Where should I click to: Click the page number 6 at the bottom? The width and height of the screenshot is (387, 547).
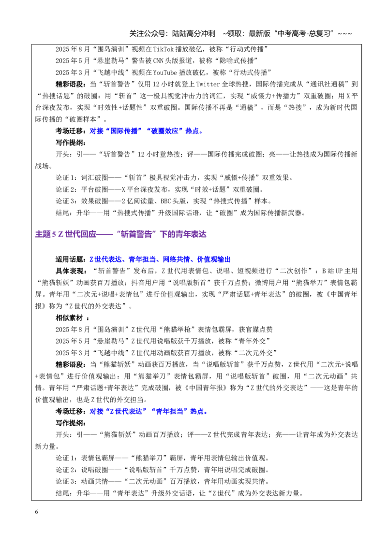point(37,512)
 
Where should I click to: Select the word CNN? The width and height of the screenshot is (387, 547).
point(159,61)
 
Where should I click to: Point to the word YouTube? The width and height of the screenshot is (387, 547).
point(165,72)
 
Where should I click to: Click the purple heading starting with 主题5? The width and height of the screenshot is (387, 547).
point(121,234)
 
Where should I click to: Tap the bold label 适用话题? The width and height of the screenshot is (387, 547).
point(69,259)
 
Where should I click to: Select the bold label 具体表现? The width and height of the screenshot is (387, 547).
point(69,271)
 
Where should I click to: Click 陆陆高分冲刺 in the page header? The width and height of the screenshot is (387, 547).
point(193,33)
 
